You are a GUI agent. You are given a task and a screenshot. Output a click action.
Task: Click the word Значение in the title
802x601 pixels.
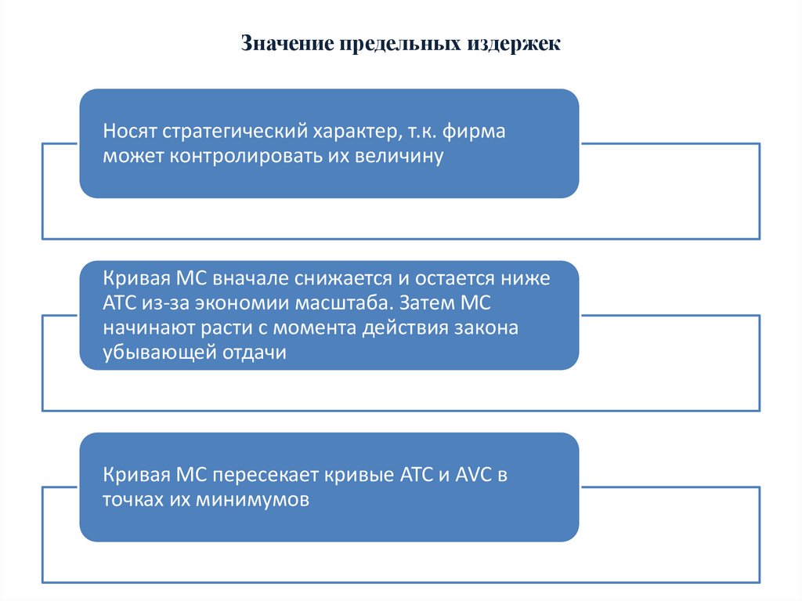[x=286, y=43]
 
